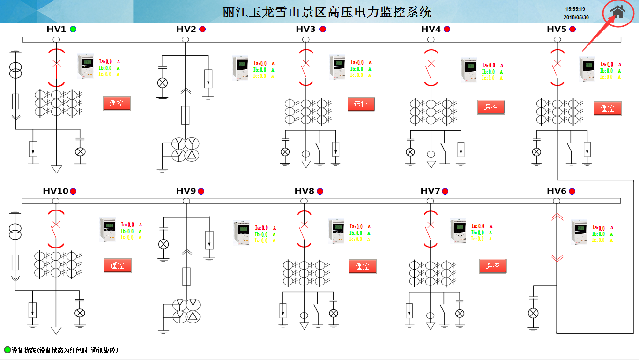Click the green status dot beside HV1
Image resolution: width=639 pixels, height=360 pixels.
[73, 29]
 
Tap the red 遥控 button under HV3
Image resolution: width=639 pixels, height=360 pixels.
[361, 105]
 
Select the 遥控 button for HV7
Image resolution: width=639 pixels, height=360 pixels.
[492, 266]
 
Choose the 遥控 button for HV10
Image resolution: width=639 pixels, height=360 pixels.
[117, 266]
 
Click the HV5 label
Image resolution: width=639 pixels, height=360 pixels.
[557, 29]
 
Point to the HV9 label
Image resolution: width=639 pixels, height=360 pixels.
[186, 191]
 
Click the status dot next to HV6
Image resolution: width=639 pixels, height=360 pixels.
[572, 191]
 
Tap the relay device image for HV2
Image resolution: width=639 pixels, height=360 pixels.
[241, 68]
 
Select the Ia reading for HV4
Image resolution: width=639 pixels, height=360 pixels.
[489, 66]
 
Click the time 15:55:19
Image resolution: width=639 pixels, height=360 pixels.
[575, 9]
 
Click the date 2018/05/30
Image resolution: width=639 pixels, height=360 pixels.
[576, 17]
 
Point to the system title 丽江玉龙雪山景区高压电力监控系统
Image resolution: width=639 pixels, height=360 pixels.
[327, 12]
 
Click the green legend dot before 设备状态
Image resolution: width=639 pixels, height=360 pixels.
[7, 350]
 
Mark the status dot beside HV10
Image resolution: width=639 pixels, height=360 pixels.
[73, 191]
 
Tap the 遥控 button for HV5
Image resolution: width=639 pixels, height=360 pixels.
[607, 108]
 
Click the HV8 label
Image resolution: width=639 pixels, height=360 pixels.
[305, 191]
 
